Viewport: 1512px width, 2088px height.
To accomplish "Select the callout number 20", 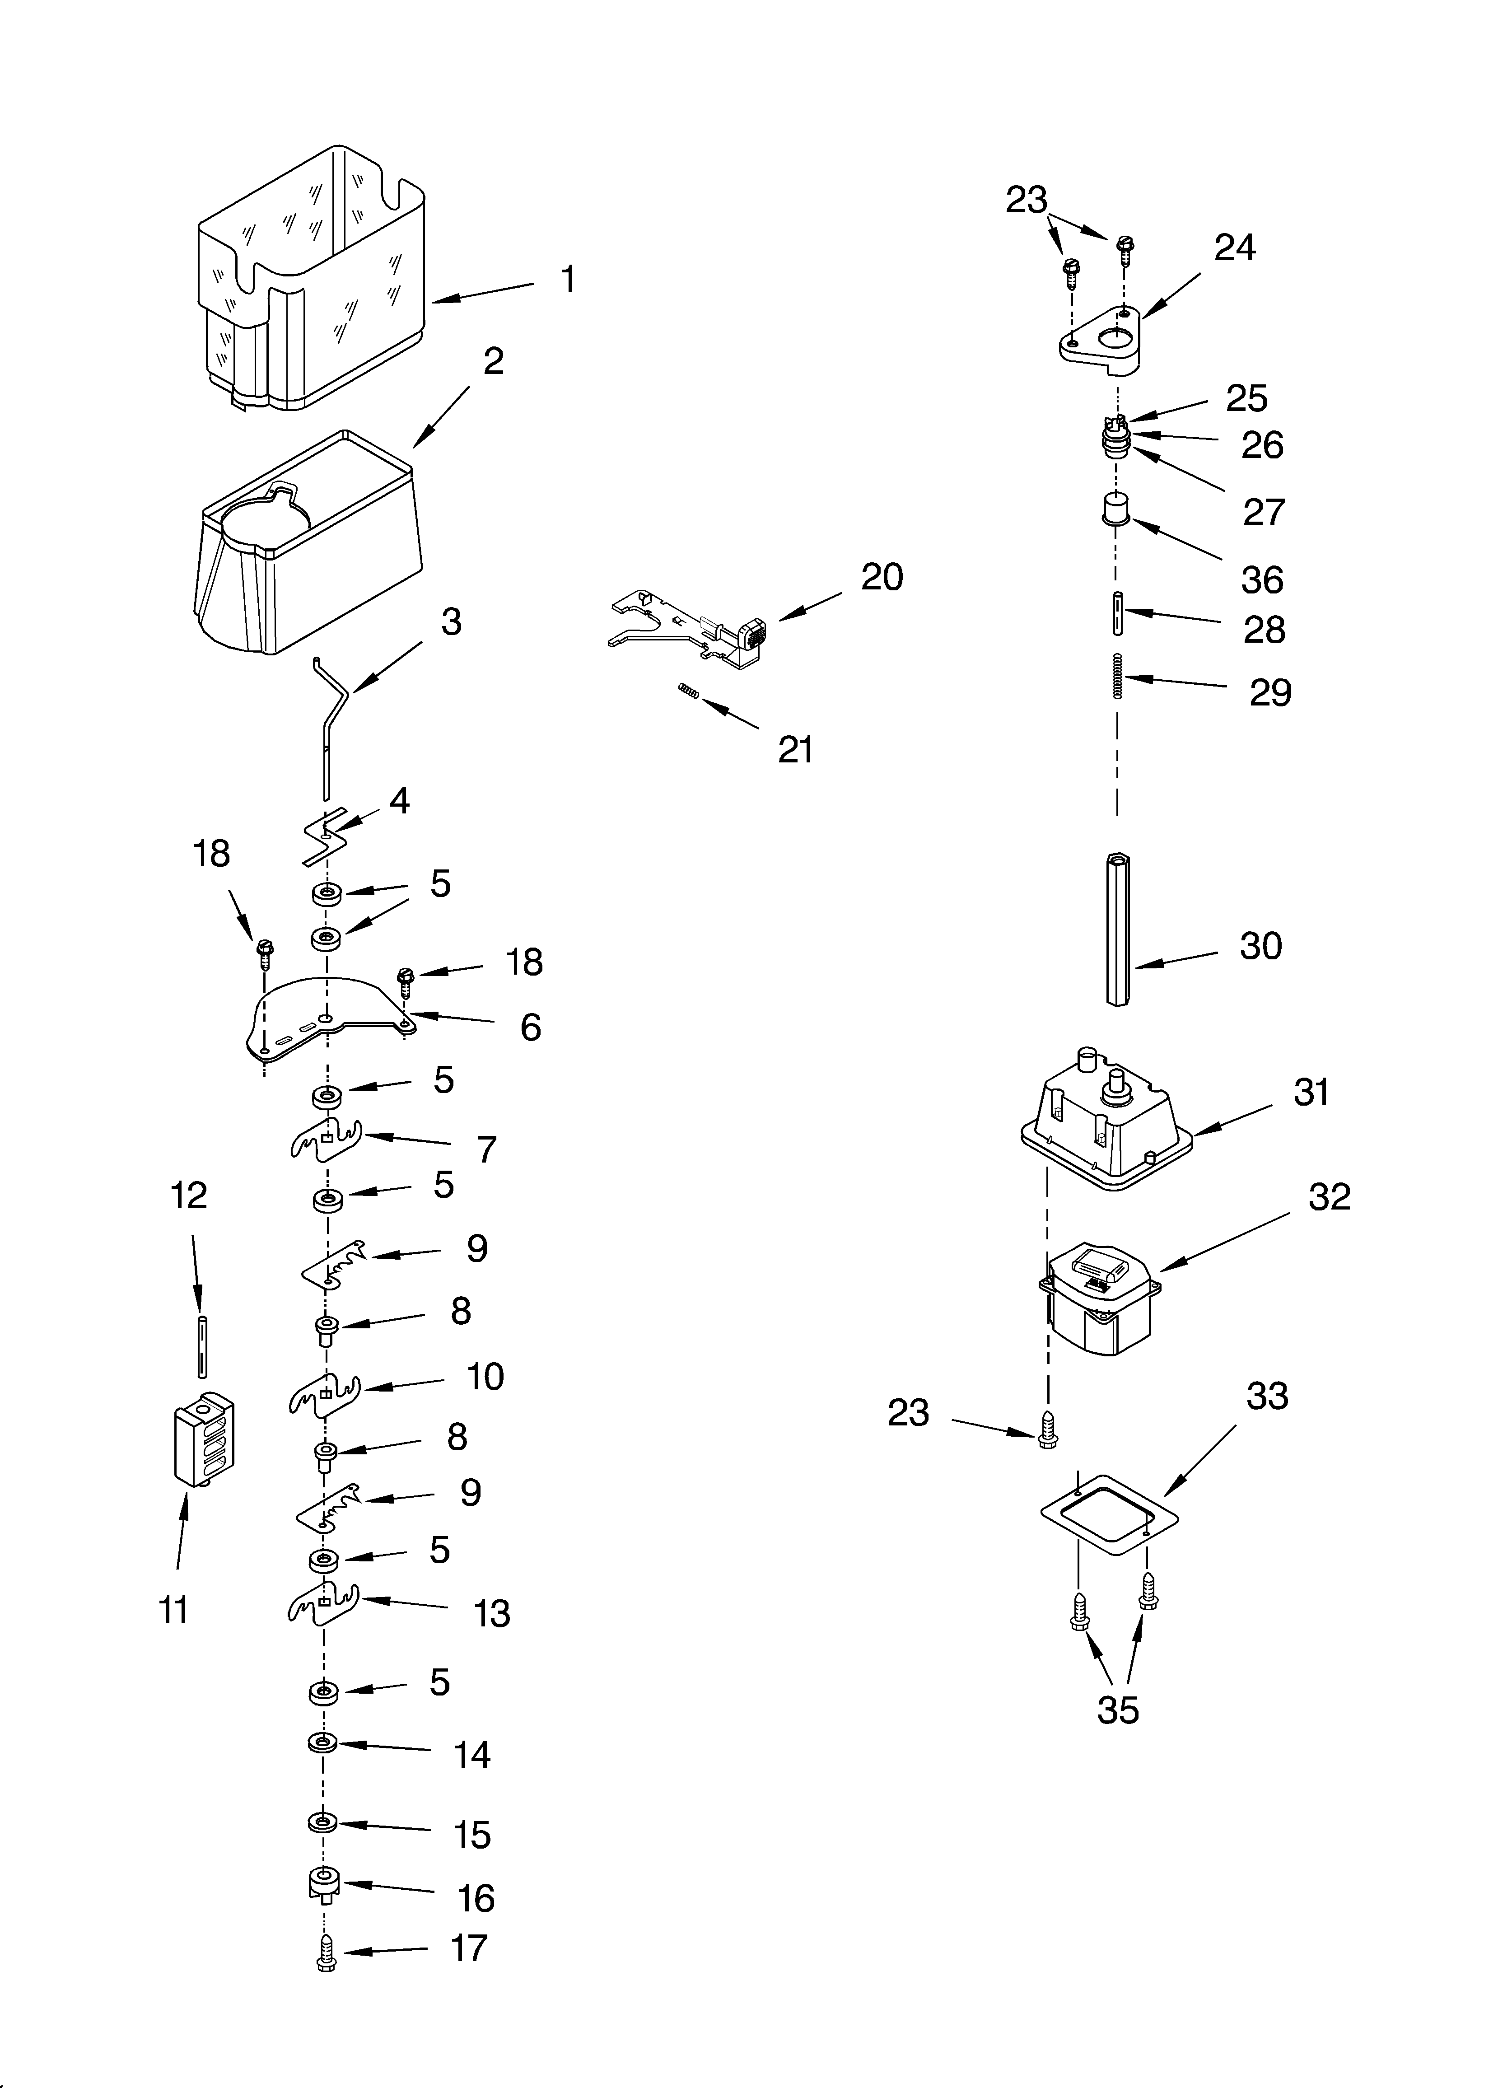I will pyautogui.click(x=881, y=577).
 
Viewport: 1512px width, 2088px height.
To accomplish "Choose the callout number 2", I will pyautogui.click(x=494, y=362).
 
